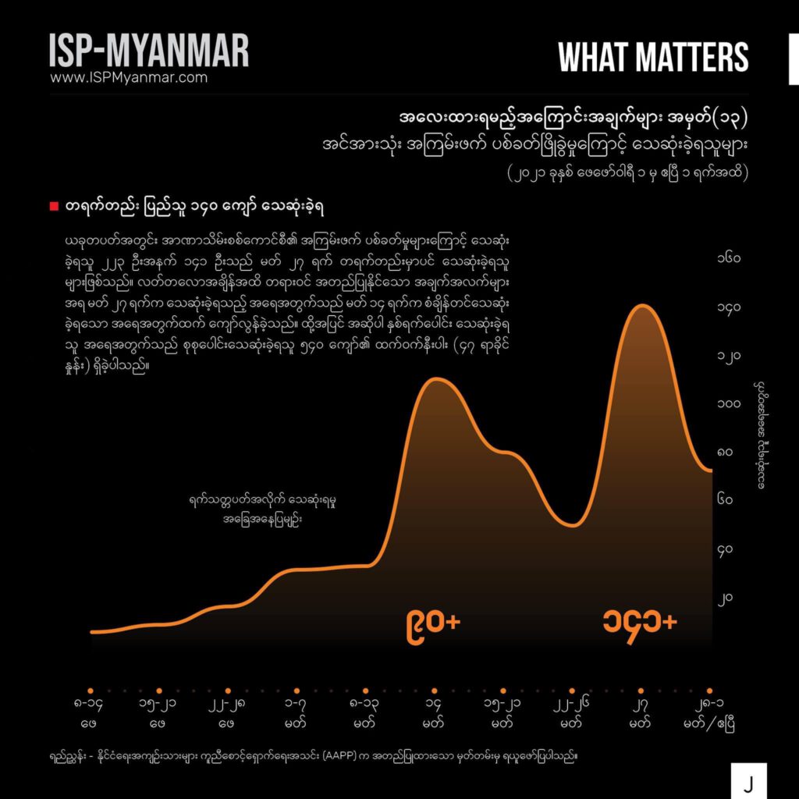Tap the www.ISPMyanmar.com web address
[x=129, y=78]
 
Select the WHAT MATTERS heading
[x=653, y=57]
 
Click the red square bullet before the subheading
[x=54, y=206]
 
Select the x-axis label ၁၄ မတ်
[x=435, y=712]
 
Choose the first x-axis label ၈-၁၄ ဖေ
[x=91, y=712]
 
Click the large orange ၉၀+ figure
[x=434, y=623]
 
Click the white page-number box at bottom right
[x=748, y=781]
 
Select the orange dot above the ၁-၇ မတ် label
[x=297, y=691]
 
